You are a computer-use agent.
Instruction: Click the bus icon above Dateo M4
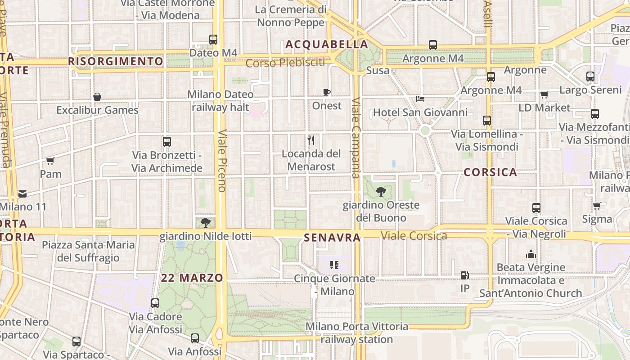(213, 40)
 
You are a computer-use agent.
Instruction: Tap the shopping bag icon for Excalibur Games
(97, 96)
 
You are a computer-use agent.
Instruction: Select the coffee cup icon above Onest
(327, 92)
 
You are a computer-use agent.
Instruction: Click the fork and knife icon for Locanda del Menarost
(311, 140)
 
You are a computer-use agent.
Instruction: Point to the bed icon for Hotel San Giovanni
(420, 99)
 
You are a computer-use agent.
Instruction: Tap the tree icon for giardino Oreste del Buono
(381, 192)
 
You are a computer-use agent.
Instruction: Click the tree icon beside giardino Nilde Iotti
(206, 222)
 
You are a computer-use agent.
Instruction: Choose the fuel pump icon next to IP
(465, 275)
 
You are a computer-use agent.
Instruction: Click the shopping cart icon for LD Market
(544, 94)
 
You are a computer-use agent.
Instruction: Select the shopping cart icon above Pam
(50, 161)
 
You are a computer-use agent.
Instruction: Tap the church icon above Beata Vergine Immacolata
(531, 254)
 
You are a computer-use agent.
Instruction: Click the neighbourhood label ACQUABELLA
(327, 45)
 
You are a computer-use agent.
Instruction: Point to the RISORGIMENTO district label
(116, 61)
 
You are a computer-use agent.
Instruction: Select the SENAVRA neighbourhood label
(333, 237)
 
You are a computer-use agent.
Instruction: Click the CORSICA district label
(490, 172)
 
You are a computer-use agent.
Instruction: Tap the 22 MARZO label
(192, 278)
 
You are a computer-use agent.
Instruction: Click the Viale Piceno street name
(222, 161)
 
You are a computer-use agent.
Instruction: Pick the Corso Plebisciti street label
(285, 63)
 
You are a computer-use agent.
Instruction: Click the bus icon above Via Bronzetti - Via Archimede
(167, 142)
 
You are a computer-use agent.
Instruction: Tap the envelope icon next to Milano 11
(22, 194)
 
